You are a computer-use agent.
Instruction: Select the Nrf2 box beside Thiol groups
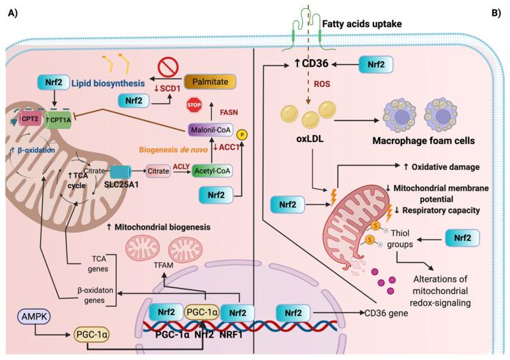coord(462,237)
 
